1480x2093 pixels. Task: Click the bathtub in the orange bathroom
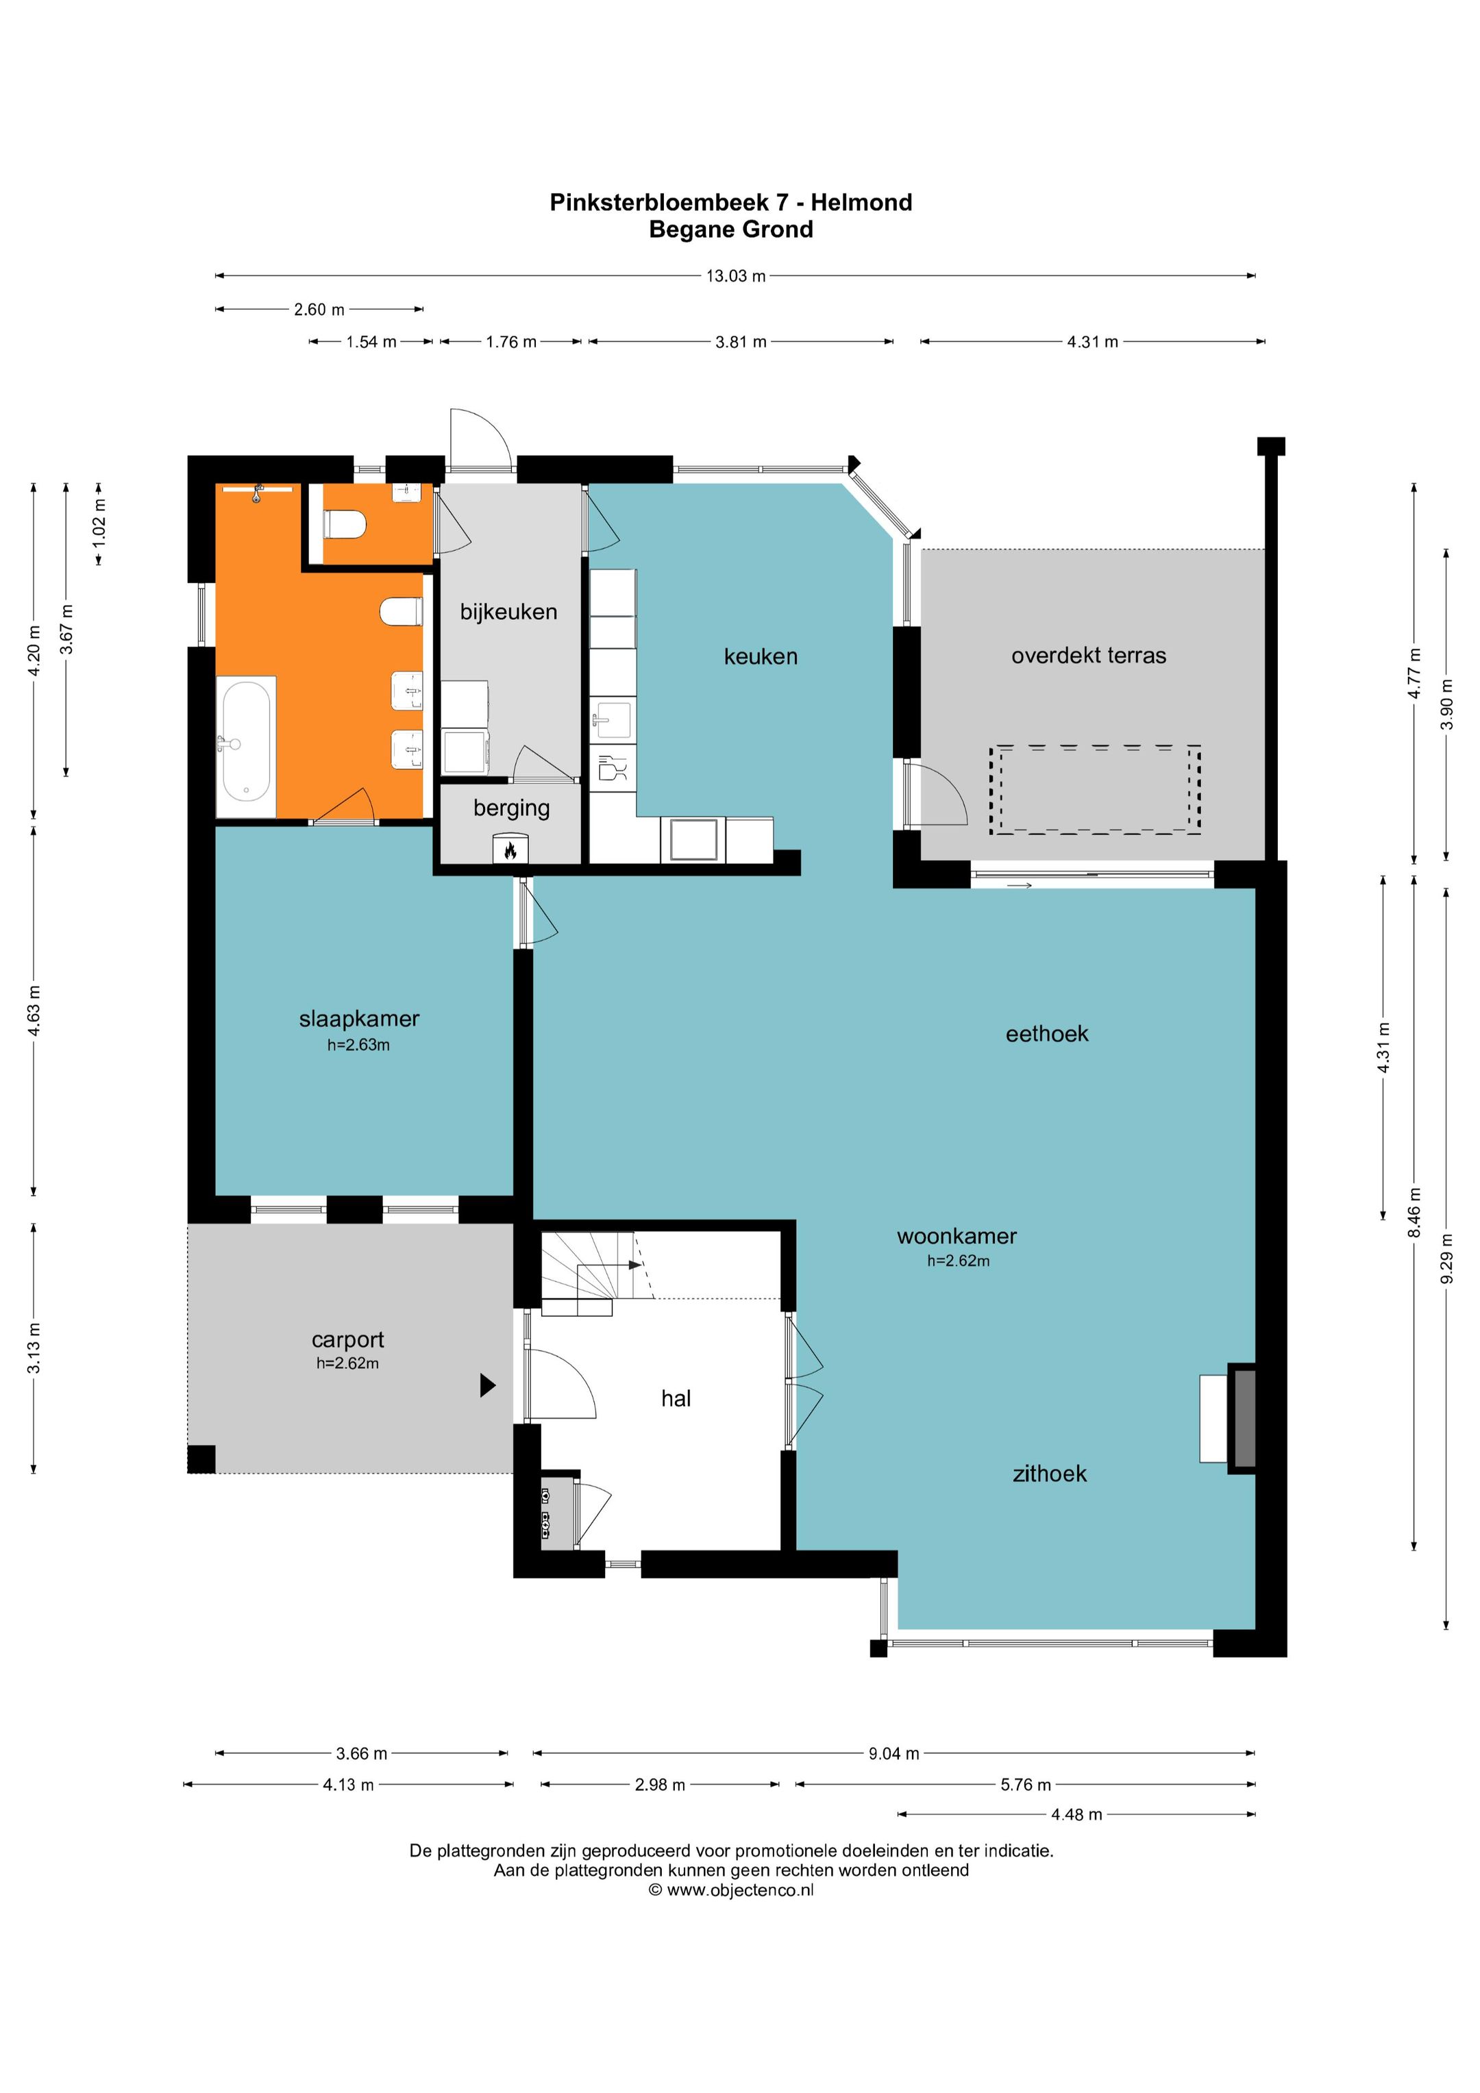[246, 745]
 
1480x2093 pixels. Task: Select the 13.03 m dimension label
[736, 275]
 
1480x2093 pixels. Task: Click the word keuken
[761, 656]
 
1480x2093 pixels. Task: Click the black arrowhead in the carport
[488, 1385]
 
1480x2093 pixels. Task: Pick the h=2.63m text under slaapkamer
[358, 1045]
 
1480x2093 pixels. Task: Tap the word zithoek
[1050, 1474]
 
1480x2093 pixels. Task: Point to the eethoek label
[1047, 1034]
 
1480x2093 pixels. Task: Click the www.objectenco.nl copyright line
[731, 1890]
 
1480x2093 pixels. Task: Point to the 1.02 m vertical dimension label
[99, 522]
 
